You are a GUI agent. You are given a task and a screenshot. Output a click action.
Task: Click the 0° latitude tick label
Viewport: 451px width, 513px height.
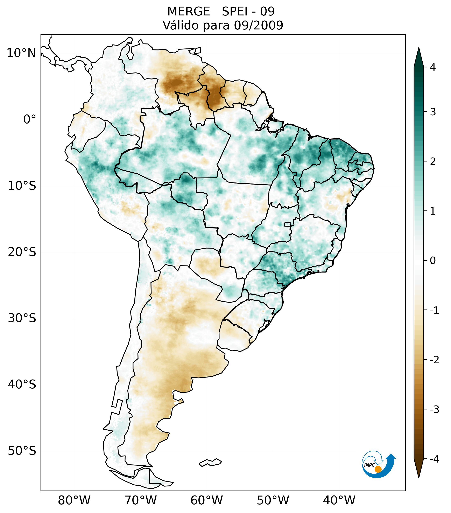pos(30,119)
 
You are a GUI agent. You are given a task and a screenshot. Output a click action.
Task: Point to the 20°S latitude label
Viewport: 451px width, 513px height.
pos(22,252)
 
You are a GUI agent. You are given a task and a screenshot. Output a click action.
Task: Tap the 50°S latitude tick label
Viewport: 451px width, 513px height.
pos(22,451)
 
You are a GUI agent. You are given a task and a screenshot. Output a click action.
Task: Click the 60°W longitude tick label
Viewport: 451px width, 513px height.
pos(206,500)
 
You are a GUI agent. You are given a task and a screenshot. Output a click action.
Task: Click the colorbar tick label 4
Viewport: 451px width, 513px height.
pos(433,67)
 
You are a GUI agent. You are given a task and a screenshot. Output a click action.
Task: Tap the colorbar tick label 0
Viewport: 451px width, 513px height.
pos(433,261)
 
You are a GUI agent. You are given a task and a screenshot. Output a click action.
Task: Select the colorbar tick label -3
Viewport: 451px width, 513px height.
pos(434,410)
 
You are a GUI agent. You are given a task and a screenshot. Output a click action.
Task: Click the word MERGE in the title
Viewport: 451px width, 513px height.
pos(189,12)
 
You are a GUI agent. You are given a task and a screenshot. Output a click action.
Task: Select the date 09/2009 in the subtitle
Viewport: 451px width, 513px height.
pos(258,25)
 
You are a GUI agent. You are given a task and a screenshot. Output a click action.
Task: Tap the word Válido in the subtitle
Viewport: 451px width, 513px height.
pos(181,25)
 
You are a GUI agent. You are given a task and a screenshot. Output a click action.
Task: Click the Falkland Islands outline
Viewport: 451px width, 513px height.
pos(210,462)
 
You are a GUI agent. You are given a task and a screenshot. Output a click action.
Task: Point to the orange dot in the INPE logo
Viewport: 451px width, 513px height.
pos(378,469)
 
